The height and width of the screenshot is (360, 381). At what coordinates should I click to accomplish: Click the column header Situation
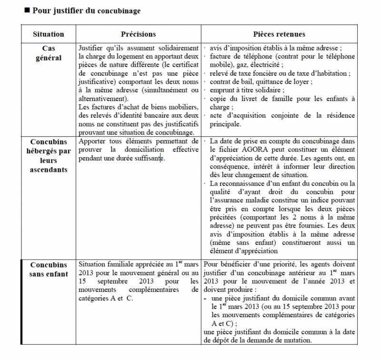click(48, 34)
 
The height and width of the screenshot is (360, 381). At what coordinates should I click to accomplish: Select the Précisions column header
click(138, 34)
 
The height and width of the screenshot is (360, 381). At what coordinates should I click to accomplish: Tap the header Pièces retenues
click(279, 34)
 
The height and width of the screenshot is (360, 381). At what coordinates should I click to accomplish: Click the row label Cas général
click(48, 53)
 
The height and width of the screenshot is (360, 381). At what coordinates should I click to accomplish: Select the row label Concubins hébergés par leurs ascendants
click(48, 156)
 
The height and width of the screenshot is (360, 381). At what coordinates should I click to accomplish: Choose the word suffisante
click(143, 158)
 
